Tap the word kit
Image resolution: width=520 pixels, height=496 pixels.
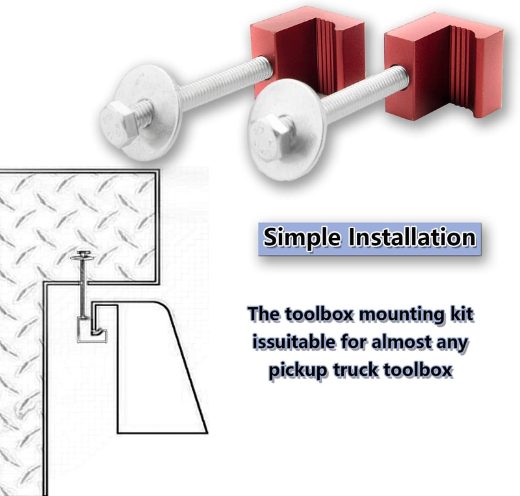coord(460,315)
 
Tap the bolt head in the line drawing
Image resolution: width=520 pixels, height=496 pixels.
coord(83,252)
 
